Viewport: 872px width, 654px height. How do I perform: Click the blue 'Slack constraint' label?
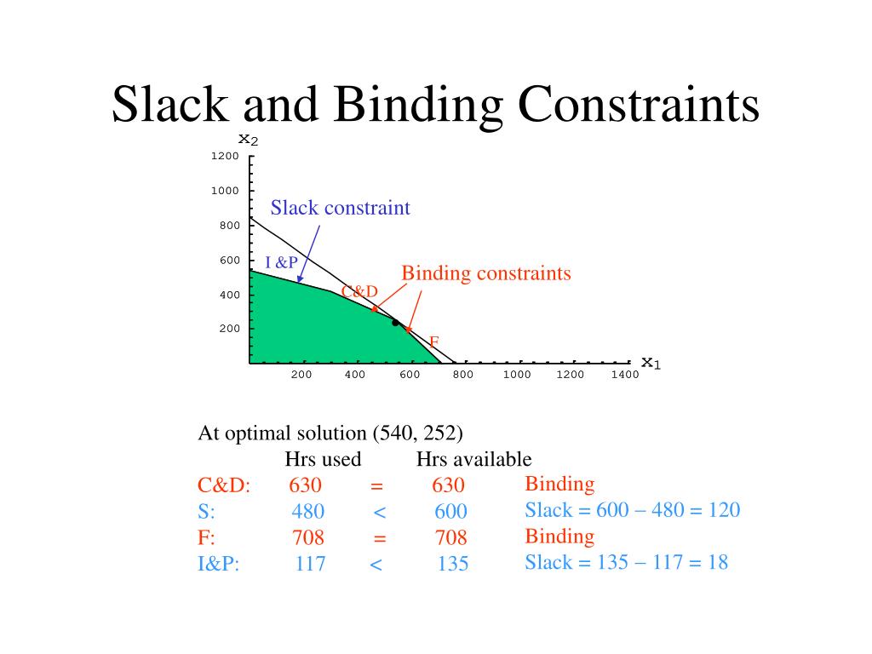(340, 208)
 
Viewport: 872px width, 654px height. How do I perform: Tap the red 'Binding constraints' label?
(485, 273)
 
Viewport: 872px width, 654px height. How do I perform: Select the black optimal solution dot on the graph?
(395, 323)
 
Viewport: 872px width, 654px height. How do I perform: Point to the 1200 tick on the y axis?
(226, 157)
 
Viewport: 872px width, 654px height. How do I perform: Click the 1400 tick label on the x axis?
(624, 375)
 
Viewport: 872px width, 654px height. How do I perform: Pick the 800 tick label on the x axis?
(462, 375)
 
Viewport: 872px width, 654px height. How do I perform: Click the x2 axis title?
(248, 139)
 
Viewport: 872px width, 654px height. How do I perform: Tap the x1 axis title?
(651, 363)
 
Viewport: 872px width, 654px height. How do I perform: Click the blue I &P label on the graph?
(281, 262)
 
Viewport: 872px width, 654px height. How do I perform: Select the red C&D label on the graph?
(359, 292)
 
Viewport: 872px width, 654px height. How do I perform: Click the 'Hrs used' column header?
(323, 460)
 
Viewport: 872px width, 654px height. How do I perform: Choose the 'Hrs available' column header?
(473, 460)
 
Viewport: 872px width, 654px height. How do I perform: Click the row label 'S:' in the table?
(206, 512)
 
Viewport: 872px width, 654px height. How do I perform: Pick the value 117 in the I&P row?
(310, 564)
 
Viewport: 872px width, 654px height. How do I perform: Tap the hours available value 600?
(450, 512)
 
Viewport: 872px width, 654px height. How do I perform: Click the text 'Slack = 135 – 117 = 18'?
(626, 562)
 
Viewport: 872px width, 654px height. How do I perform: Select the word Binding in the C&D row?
(559, 485)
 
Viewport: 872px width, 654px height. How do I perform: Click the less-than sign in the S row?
(380, 512)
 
